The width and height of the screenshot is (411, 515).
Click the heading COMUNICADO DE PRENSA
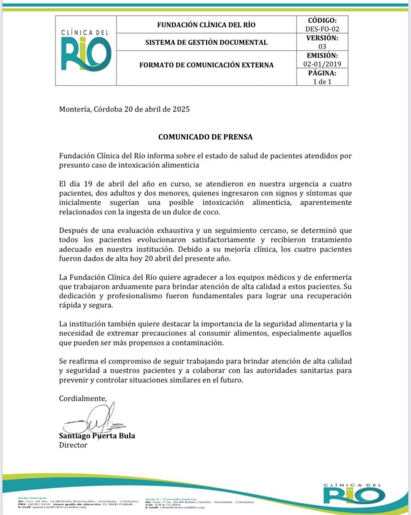(x=205, y=136)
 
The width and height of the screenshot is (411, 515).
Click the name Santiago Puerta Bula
(x=97, y=436)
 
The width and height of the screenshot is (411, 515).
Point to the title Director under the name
(x=73, y=445)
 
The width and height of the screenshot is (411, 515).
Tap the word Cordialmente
(x=83, y=398)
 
